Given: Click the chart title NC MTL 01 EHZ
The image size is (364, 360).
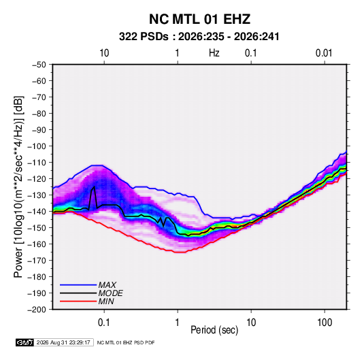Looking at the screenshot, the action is (x=199, y=19).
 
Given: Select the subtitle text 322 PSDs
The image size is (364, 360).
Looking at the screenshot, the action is (x=144, y=37).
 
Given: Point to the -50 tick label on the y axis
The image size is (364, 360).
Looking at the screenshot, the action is (x=39, y=65).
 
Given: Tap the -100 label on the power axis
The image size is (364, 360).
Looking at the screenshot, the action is (x=37, y=146).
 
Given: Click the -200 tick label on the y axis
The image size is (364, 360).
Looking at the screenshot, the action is (x=37, y=310).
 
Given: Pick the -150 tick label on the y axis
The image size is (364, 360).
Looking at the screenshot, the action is (x=37, y=228).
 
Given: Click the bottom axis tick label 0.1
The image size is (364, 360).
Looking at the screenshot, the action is (x=104, y=323).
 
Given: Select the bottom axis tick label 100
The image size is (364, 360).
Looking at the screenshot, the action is (x=325, y=323).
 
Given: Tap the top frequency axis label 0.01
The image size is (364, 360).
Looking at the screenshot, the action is (x=324, y=53).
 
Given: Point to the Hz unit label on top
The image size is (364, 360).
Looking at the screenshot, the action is (x=214, y=53).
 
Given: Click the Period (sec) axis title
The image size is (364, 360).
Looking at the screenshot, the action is (x=214, y=330).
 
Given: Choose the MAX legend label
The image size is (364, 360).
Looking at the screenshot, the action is (x=107, y=285).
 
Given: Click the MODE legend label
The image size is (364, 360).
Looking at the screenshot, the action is (x=110, y=293).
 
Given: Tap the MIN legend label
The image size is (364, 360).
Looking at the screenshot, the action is (x=106, y=301).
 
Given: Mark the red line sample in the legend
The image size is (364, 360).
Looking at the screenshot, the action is (x=78, y=301).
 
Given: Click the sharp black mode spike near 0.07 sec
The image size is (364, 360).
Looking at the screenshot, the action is (x=94, y=187).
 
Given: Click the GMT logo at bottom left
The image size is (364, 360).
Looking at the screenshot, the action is (x=25, y=342).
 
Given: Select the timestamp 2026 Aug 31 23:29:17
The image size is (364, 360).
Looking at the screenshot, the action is (x=63, y=342).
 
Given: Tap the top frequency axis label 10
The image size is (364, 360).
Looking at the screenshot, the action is (x=104, y=53).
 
